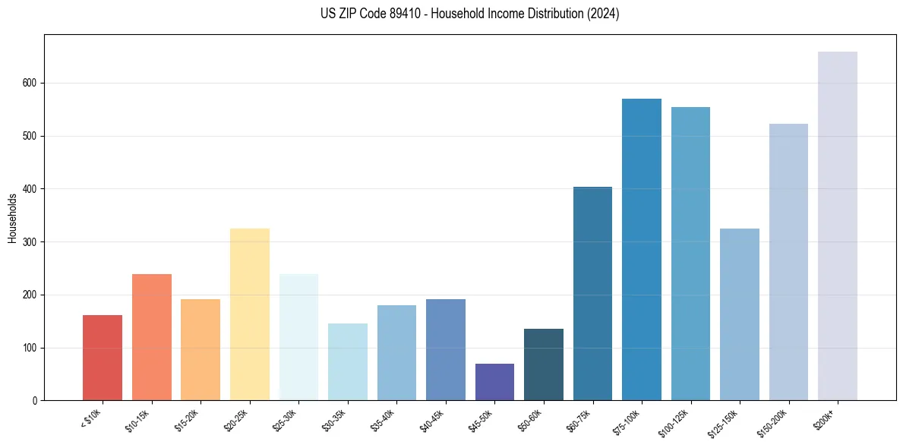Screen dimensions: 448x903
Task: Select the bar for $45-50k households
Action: [x=494, y=382]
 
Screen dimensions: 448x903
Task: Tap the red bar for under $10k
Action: [x=103, y=358]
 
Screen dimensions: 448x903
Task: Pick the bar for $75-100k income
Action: [x=642, y=250]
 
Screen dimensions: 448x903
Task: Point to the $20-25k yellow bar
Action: [x=250, y=314]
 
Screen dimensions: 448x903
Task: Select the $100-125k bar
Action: [x=690, y=254]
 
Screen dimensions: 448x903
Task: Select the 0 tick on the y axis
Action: [x=36, y=401]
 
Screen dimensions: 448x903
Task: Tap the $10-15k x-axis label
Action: [x=139, y=420]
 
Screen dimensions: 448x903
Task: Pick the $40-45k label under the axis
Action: [x=433, y=420]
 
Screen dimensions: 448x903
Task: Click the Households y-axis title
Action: [x=13, y=218]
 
